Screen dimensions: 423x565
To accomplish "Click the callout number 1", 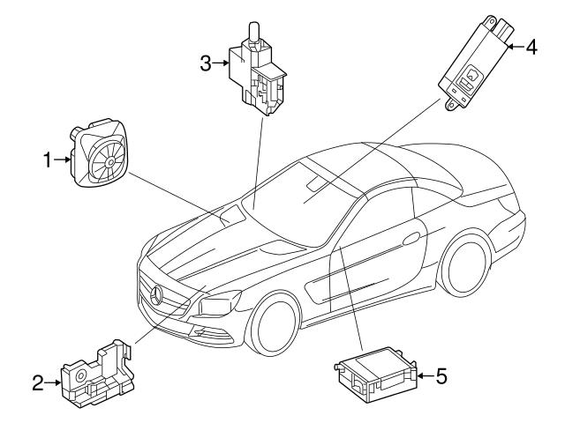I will (x=49, y=160).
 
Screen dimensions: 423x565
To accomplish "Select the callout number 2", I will (x=38, y=382).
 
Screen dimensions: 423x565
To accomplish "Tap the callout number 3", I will (x=205, y=63).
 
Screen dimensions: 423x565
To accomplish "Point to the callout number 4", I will (x=531, y=48).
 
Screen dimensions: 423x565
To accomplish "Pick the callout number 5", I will (x=441, y=376).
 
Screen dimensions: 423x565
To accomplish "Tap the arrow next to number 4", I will (x=515, y=48).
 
